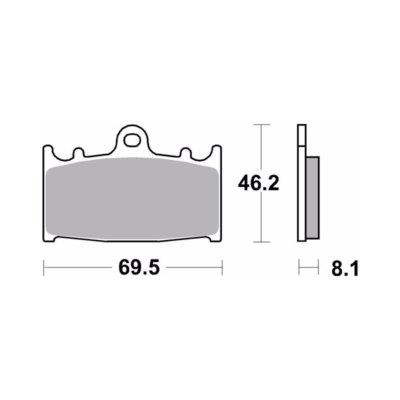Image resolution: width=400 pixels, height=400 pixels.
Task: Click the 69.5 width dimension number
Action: [139, 267]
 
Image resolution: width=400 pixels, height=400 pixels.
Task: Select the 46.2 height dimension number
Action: [258, 183]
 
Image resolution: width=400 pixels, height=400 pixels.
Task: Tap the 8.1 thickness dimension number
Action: [345, 268]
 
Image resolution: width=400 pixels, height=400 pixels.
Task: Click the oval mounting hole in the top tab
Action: [132, 140]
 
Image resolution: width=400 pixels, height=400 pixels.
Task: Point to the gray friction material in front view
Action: [132, 199]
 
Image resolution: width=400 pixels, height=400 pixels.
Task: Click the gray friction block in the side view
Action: [312, 197]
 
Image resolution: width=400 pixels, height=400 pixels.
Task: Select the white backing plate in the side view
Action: [302, 182]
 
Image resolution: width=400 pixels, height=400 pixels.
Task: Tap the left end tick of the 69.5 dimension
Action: [43, 267]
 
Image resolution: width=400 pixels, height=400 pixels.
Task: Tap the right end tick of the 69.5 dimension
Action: [222, 267]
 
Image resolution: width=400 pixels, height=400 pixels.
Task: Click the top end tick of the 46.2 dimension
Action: [261, 124]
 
